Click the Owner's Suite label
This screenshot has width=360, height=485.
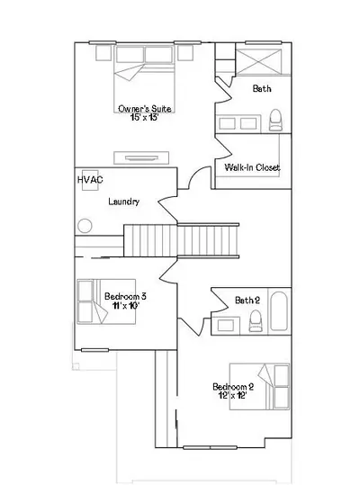tap(145, 109)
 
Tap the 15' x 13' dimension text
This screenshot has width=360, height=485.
tap(144, 117)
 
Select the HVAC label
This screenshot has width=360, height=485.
tap(90, 180)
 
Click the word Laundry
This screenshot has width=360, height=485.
tap(123, 202)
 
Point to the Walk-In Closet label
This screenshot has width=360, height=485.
tap(252, 167)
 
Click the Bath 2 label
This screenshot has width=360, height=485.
tap(247, 300)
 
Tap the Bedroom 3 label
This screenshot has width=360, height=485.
tap(125, 296)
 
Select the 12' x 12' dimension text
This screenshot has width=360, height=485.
tap(232, 395)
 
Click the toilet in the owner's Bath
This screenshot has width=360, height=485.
tap(275, 120)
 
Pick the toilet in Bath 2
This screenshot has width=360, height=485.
tap(256, 321)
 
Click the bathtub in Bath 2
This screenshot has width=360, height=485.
tap(279, 310)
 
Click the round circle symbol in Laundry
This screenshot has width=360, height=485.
tap(85, 226)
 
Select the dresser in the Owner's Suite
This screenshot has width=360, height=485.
tap(141, 157)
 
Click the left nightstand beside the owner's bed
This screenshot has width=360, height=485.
tap(103, 53)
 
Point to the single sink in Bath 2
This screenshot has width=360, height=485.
tap(226, 326)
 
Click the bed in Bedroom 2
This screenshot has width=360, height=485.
tap(259, 387)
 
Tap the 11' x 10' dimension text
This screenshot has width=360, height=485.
tap(125, 306)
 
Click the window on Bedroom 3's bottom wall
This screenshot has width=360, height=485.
tap(94, 350)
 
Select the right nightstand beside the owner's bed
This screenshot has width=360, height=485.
tap(185, 53)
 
